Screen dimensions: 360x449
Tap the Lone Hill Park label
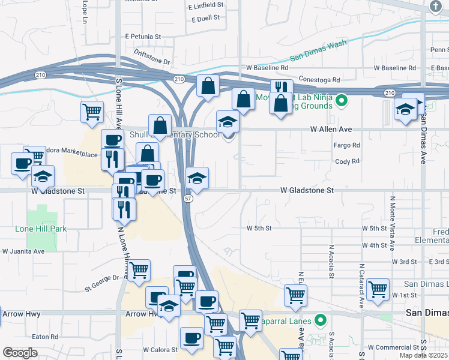[41, 229]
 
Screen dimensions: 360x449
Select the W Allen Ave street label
[331, 129]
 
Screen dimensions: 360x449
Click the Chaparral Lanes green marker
[321, 321]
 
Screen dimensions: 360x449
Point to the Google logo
[20, 353]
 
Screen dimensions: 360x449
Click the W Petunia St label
[143, 37]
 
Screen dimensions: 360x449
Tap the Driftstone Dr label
[152, 57]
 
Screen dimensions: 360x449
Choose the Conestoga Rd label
[319, 79]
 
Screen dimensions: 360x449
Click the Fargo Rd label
[347, 145]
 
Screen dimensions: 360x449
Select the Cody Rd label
[347, 161]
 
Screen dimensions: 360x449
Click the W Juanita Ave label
[23, 251]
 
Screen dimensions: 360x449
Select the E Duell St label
[208, 19]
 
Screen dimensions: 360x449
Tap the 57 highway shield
[188, 199]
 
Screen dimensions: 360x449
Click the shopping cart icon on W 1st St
[378, 289]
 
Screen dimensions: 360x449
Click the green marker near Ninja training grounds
[342, 100]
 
